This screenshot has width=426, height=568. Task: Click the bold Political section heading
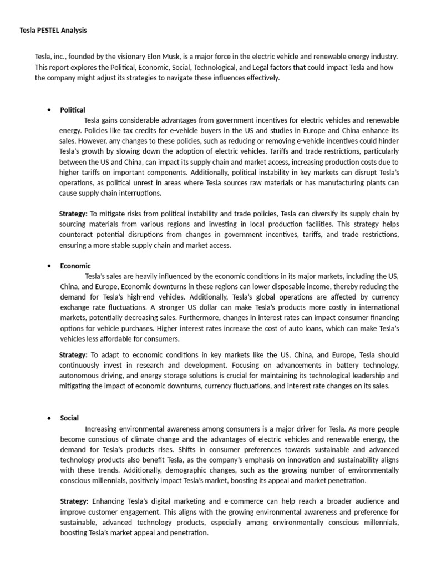click(73, 110)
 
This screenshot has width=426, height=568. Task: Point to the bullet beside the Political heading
click(50, 110)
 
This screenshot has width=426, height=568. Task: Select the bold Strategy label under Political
click(73, 214)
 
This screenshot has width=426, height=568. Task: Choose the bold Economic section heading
click(75, 266)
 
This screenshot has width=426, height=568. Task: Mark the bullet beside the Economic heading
click(50, 266)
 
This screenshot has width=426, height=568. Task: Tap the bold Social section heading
click(70, 418)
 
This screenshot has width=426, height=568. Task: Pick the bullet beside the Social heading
click(50, 418)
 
